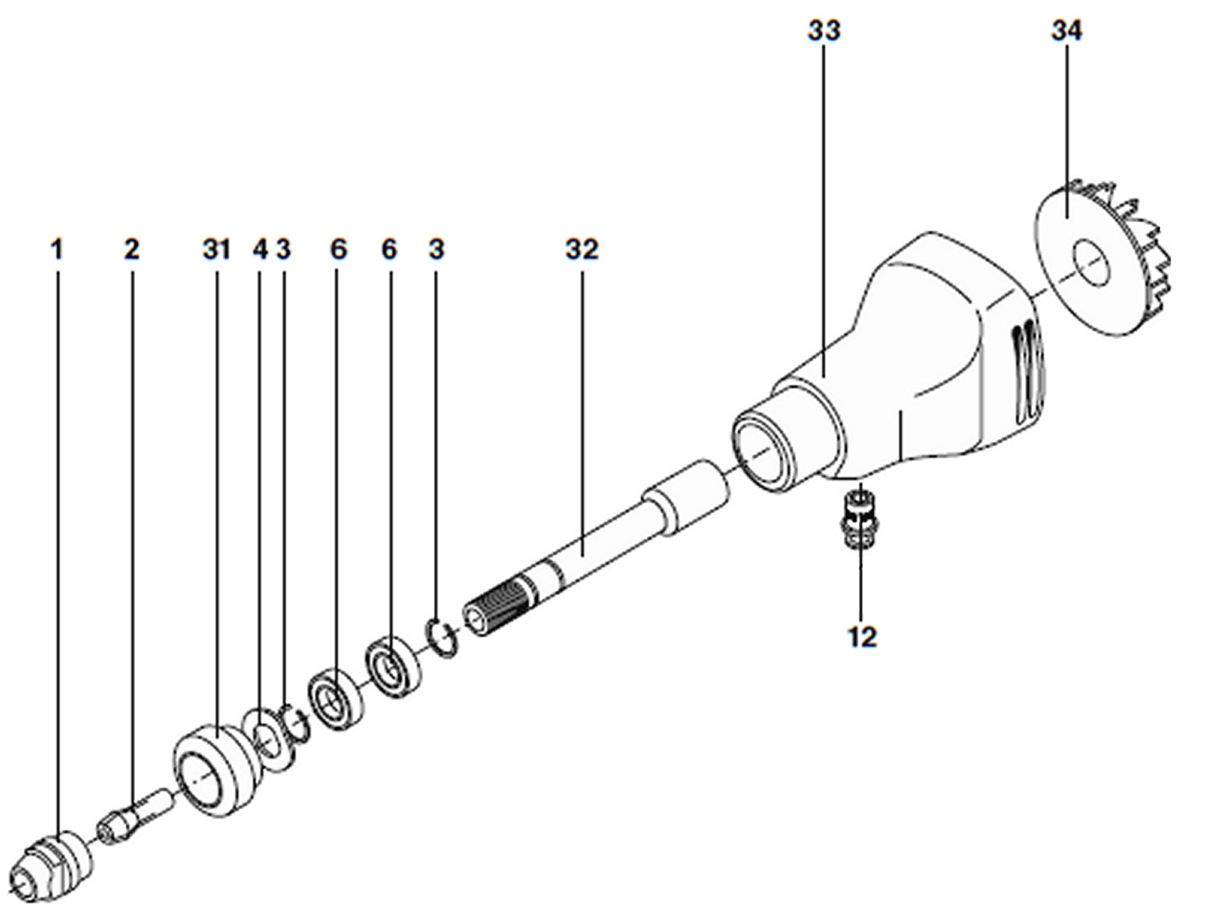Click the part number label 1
[x=56, y=250]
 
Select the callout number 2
[x=131, y=250]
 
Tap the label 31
[x=216, y=250]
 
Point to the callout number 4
[x=259, y=250]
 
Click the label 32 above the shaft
[x=582, y=250]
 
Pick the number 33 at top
[x=823, y=31]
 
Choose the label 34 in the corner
[x=1066, y=31]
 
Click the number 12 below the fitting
[x=861, y=637]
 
